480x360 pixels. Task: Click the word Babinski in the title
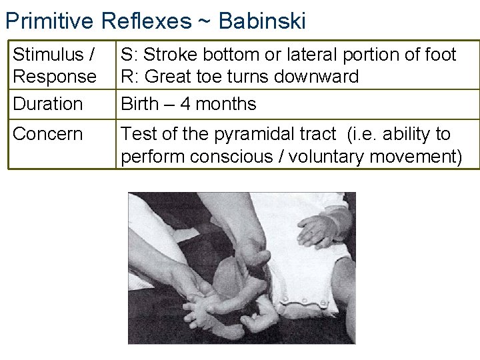click(x=261, y=21)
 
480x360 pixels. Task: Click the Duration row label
click(x=48, y=104)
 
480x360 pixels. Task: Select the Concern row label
click(x=48, y=134)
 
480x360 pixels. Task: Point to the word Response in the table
click(x=55, y=77)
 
